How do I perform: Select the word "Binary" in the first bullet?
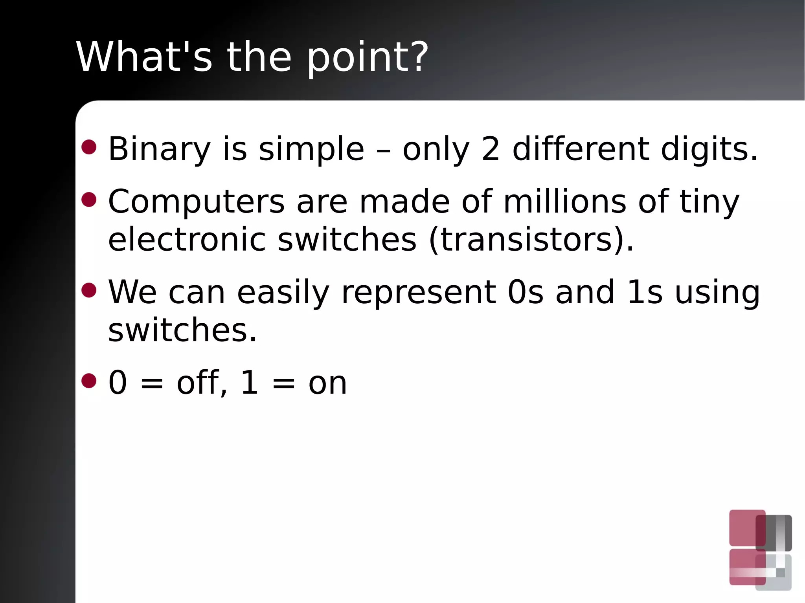tap(159, 149)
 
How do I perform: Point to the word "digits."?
tap(709, 149)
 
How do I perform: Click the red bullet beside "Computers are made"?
tap(89, 199)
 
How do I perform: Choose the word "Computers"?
tap(196, 201)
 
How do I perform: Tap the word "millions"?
tap(565, 201)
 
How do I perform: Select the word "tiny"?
tap(709, 202)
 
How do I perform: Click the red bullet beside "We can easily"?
tap(89, 290)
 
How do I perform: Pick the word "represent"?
tap(419, 293)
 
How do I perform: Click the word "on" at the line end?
tap(327, 383)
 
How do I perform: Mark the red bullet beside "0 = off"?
tap(89, 381)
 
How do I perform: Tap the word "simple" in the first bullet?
tap(311, 149)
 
